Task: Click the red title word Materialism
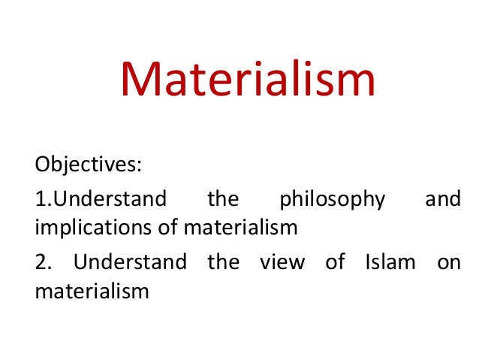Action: pos(248,80)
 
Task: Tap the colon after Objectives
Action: pos(140,165)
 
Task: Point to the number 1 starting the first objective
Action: pos(40,200)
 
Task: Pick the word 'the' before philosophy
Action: pos(222,200)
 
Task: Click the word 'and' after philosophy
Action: pos(442,200)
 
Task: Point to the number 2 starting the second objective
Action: pos(41,262)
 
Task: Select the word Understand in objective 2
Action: pos(130,262)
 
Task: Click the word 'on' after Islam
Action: pos(449,263)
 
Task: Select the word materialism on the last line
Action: pos(92,289)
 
